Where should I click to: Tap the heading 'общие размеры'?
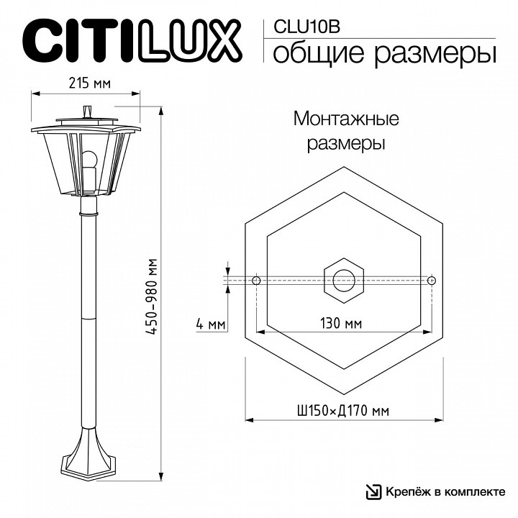[x=384, y=53]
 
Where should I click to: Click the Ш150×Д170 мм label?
[x=342, y=412]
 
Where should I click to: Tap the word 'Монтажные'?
[x=346, y=118]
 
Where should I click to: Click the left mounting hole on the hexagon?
[x=257, y=280]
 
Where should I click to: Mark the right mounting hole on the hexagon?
[x=432, y=280]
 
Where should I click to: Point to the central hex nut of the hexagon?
[x=345, y=280]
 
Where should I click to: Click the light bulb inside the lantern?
[x=89, y=163]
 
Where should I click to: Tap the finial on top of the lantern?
[x=88, y=111]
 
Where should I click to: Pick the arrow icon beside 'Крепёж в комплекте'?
[x=373, y=492]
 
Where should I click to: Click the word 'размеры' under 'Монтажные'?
[x=346, y=143]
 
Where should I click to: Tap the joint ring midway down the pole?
[x=88, y=317]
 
